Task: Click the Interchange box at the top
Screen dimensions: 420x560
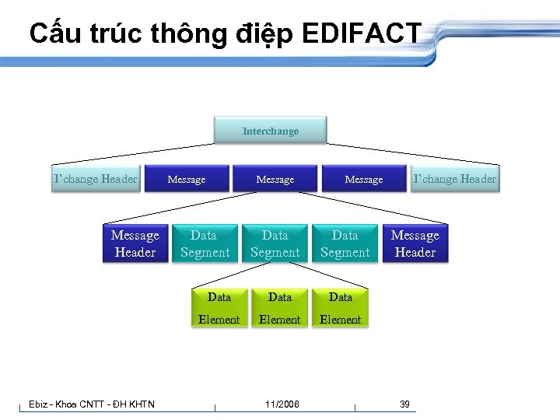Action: [270, 131]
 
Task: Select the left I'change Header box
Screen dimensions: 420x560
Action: [95, 179]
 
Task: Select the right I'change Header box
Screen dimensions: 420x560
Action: [454, 179]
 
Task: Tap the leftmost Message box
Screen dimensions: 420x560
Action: [187, 180]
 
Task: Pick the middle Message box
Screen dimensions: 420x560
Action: [275, 180]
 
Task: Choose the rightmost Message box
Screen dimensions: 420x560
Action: [364, 180]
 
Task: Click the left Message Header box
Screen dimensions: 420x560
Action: [135, 243]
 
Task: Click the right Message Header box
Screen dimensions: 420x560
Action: [415, 243]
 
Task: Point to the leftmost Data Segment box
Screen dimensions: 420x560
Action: [205, 243]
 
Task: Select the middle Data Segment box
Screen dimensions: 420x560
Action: [275, 243]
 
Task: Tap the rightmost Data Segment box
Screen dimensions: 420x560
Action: [345, 243]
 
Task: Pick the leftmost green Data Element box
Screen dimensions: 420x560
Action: [219, 308]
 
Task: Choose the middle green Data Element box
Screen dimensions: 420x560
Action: [279, 308]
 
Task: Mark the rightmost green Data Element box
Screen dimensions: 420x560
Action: [340, 308]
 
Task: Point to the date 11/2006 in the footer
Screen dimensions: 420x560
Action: [282, 404]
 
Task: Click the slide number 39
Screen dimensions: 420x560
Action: [404, 404]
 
